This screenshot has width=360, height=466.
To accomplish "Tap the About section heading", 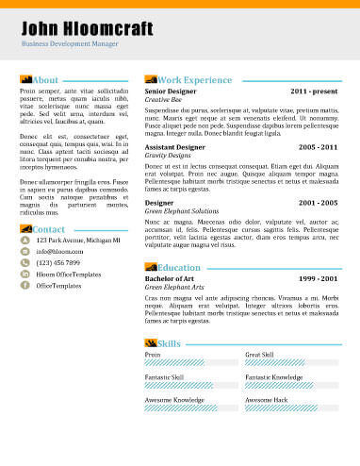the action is (x=45, y=80).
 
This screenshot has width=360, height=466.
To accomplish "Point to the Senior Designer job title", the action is (x=171, y=92).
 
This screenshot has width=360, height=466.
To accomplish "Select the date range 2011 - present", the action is (x=314, y=92).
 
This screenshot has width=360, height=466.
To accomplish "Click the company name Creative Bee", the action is (x=163, y=100).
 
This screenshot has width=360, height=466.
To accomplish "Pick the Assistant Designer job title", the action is (x=174, y=148).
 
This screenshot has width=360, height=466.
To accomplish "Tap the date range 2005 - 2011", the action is (x=318, y=148).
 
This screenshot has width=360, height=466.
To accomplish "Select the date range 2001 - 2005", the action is (x=318, y=203).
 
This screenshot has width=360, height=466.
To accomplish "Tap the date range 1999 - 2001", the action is (x=318, y=279).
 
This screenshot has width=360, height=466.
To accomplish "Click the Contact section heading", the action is (x=48, y=229).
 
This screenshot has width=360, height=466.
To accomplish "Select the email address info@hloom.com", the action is (x=61, y=252).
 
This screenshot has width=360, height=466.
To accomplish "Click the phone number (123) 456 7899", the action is (x=58, y=262).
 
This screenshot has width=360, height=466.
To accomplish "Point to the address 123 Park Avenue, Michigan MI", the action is (x=78, y=241).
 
